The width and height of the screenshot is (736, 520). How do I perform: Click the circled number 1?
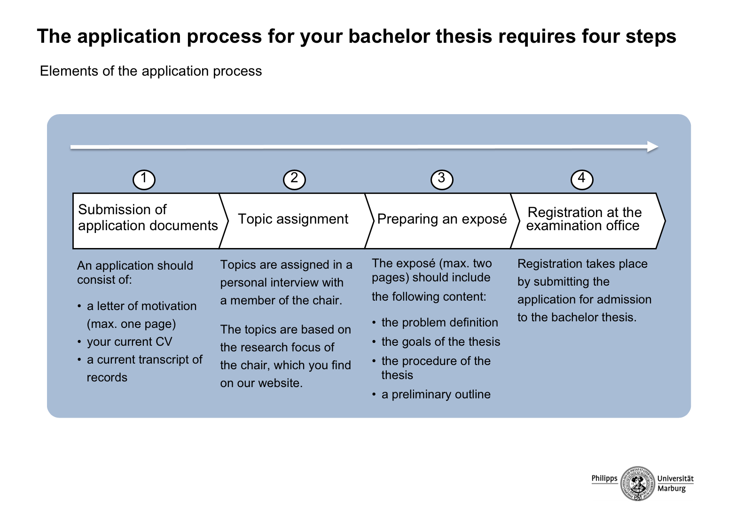(x=144, y=179)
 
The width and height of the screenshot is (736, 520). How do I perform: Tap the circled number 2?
(x=294, y=179)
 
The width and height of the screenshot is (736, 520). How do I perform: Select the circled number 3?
(x=442, y=179)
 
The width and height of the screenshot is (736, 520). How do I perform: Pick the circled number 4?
(x=582, y=179)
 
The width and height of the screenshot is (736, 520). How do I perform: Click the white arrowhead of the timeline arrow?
(x=652, y=147)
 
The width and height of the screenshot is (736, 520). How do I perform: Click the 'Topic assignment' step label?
(x=293, y=219)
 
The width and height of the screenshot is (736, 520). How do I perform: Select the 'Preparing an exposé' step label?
(x=442, y=219)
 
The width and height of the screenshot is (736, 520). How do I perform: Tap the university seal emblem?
(x=637, y=483)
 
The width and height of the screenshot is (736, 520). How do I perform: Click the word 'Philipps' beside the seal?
(x=604, y=478)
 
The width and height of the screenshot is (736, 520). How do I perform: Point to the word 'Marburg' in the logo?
(x=672, y=489)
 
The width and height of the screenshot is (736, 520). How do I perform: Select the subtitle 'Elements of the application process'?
(x=151, y=71)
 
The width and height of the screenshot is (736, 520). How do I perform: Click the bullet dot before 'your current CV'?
(x=79, y=342)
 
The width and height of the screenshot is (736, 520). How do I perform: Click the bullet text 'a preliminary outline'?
(x=436, y=394)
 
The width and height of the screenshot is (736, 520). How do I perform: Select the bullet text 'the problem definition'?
(x=439, y=323)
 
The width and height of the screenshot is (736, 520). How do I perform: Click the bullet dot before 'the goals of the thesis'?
(x=374, y=342)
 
